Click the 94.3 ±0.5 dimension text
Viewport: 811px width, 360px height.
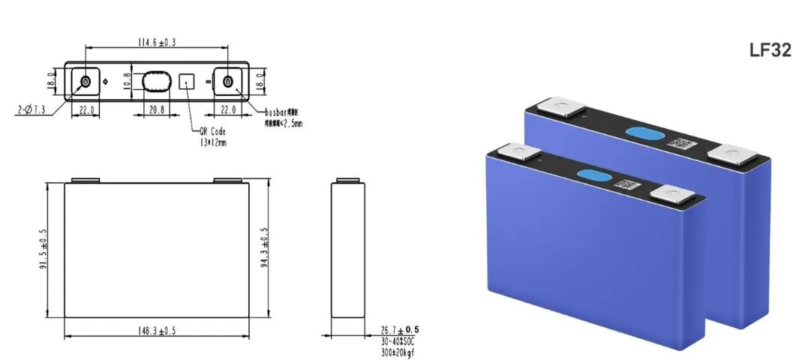264,250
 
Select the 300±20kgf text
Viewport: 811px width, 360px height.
399,351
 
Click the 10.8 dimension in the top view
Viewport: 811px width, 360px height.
127,81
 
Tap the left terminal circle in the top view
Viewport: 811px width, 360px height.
85,81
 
